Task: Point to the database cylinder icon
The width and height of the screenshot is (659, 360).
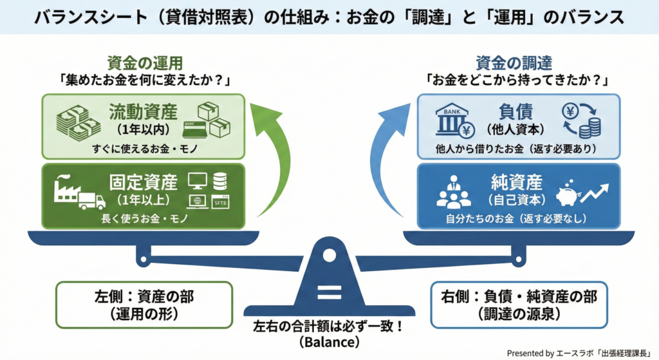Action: [x=220, y=180]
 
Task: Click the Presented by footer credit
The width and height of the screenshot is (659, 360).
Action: [x=579, y=353]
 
